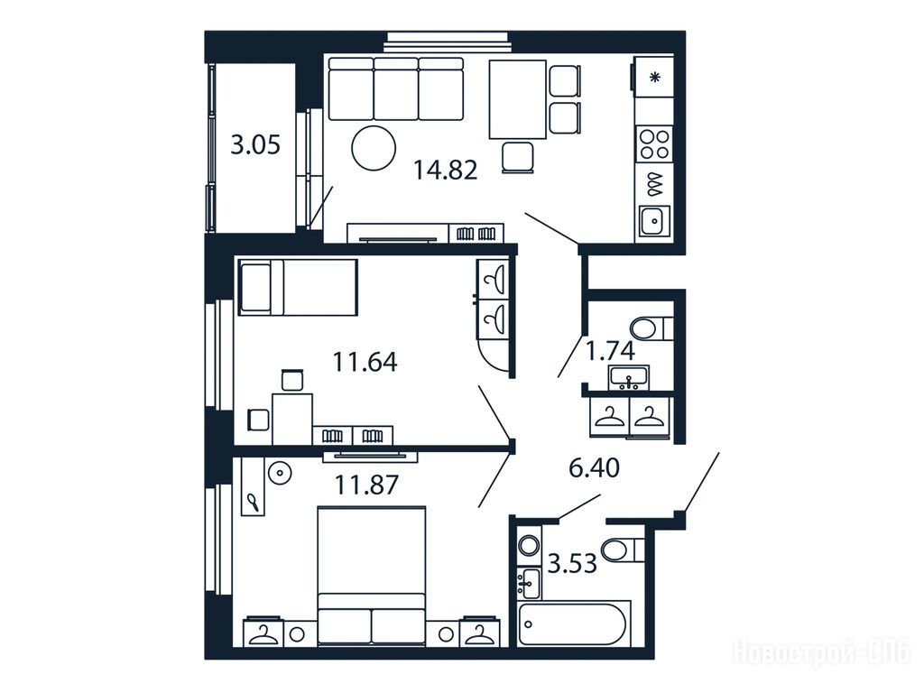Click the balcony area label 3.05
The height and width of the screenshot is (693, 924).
click(255, 144)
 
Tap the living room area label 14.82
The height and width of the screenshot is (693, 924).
click(445, 171)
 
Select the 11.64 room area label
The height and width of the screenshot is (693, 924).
click(365, 361)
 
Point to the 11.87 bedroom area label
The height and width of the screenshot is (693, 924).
click(366, 485)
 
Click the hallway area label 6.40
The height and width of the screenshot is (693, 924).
click(594, 468)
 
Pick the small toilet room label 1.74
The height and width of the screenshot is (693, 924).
click(611, 351)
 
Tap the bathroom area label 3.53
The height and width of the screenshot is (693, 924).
click(573, 563)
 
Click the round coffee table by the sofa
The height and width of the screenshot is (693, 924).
click(373, 149)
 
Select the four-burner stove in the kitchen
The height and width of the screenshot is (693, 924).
click(655, 144)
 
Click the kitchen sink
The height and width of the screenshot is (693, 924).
click(654, 221)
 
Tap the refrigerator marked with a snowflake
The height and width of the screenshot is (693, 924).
click(653, 76)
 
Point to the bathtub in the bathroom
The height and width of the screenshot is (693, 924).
click(575, 623)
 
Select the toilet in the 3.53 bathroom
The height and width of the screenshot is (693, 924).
click(624, 550)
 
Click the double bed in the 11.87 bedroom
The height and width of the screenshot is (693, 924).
click(371, 576)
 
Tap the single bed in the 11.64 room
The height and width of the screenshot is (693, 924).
click(298, 288)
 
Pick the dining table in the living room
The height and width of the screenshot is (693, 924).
click(517, 99)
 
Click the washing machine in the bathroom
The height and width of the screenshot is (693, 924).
click(529, 545)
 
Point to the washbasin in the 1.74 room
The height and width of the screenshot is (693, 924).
click(629, 378)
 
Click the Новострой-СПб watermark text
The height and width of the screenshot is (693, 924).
click(822, 653)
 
